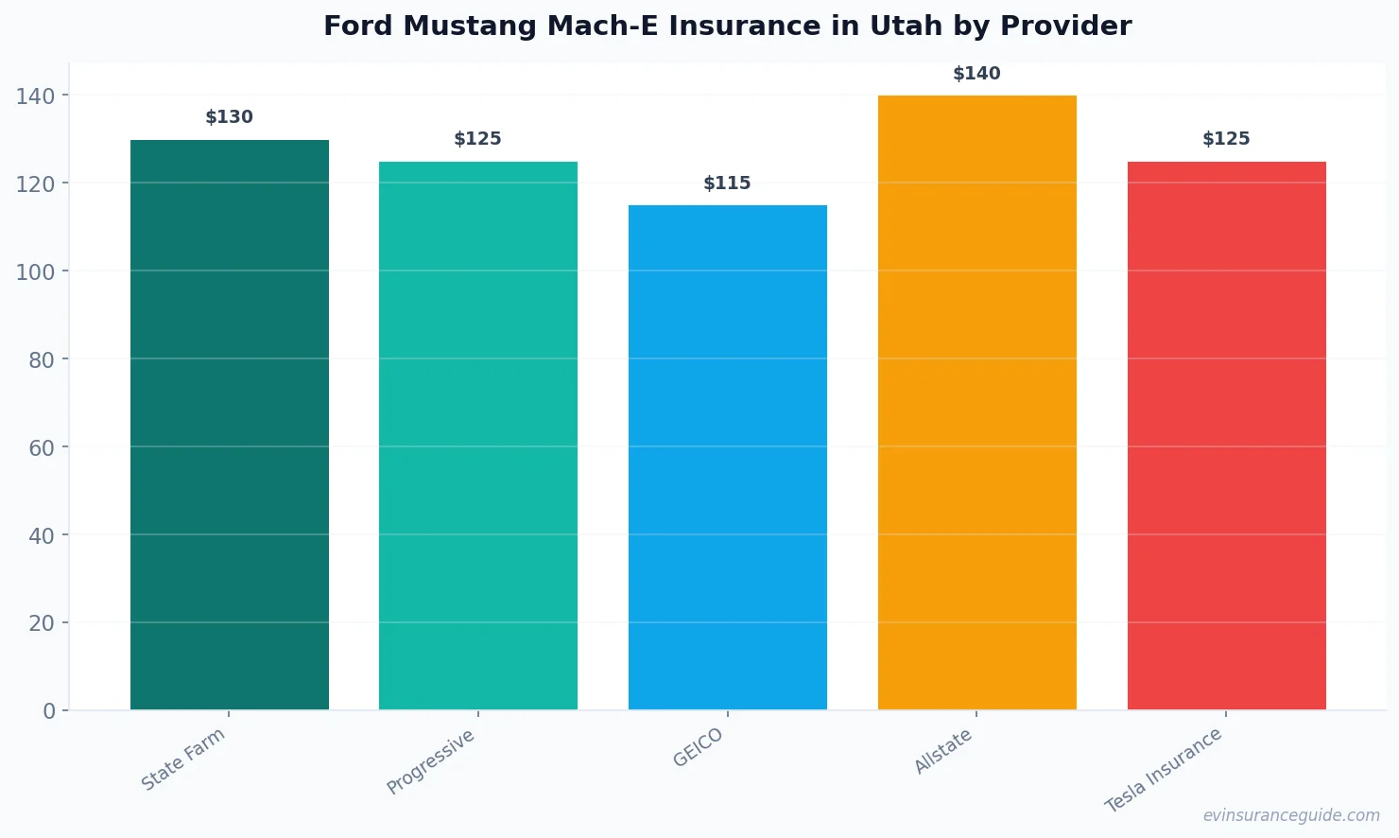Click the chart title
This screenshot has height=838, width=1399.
[x=727, y=26]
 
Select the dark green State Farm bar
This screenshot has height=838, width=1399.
[x=229, y=425]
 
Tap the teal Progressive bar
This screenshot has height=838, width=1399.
[x=477, y=435]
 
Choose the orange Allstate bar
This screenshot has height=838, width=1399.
[x=976, y=402]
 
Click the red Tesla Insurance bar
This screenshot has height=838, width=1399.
[x=1226, y=435]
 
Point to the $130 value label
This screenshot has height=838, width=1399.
[x=229, y=117]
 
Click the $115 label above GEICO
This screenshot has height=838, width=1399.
[x=727, y=183]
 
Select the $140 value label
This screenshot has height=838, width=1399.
[x=976, y=74]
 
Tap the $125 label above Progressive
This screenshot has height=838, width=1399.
[x=477, y=139]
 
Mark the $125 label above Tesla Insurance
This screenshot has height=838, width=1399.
[x=1226, y=139]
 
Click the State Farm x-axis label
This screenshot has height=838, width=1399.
[x=183, y=759]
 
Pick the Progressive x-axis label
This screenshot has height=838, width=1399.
[x=431, y=761]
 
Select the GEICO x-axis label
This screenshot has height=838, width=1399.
[x=699, y=747]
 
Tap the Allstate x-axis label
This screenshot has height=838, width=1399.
[x=943, y=752]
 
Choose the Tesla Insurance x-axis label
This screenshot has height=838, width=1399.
[x=1164, y=770]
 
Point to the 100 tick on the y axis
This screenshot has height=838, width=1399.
[x=35, y=271]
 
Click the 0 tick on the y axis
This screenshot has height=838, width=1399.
[x=49, y=711]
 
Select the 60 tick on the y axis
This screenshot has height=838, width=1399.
[x=42, y=447]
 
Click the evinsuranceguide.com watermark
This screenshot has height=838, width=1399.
[x=1291, y=815]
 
